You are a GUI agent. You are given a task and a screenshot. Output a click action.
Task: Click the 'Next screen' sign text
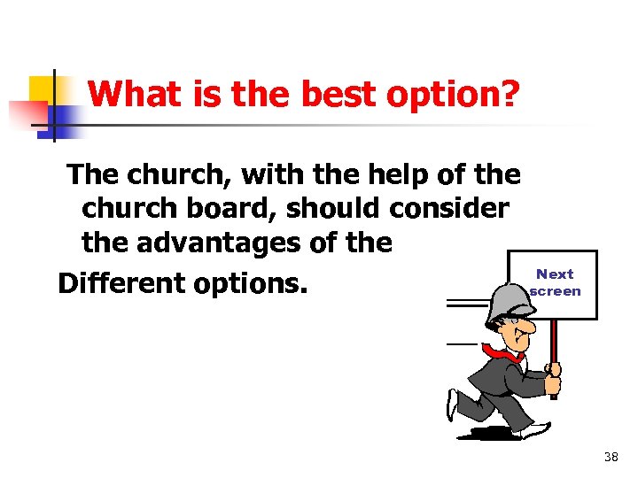(556, 282)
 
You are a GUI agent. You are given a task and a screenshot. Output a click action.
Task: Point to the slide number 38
(611, 457)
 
